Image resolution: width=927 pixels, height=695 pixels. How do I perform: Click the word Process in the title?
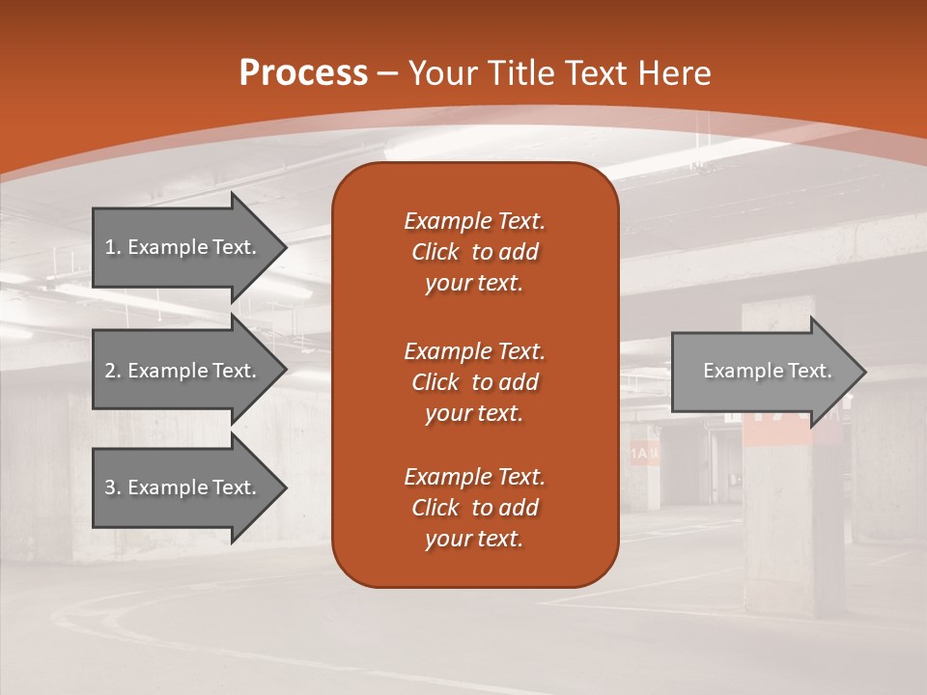pos(303,73)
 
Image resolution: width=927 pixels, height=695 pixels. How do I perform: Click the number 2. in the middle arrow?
pos(112,371)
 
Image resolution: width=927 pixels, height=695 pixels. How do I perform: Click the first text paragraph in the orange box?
pos(474,252)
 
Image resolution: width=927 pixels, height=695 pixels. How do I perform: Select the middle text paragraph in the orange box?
pos(474,382)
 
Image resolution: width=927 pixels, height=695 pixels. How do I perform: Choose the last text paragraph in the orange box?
pos(474,508)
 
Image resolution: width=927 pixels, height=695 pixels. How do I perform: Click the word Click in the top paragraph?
pos(435,252)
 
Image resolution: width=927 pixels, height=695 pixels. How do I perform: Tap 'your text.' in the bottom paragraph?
pos(474,540)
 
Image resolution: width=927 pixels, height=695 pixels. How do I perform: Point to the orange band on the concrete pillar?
pos(778,432)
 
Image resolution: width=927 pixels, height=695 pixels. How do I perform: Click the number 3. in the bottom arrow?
pos(112,487)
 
